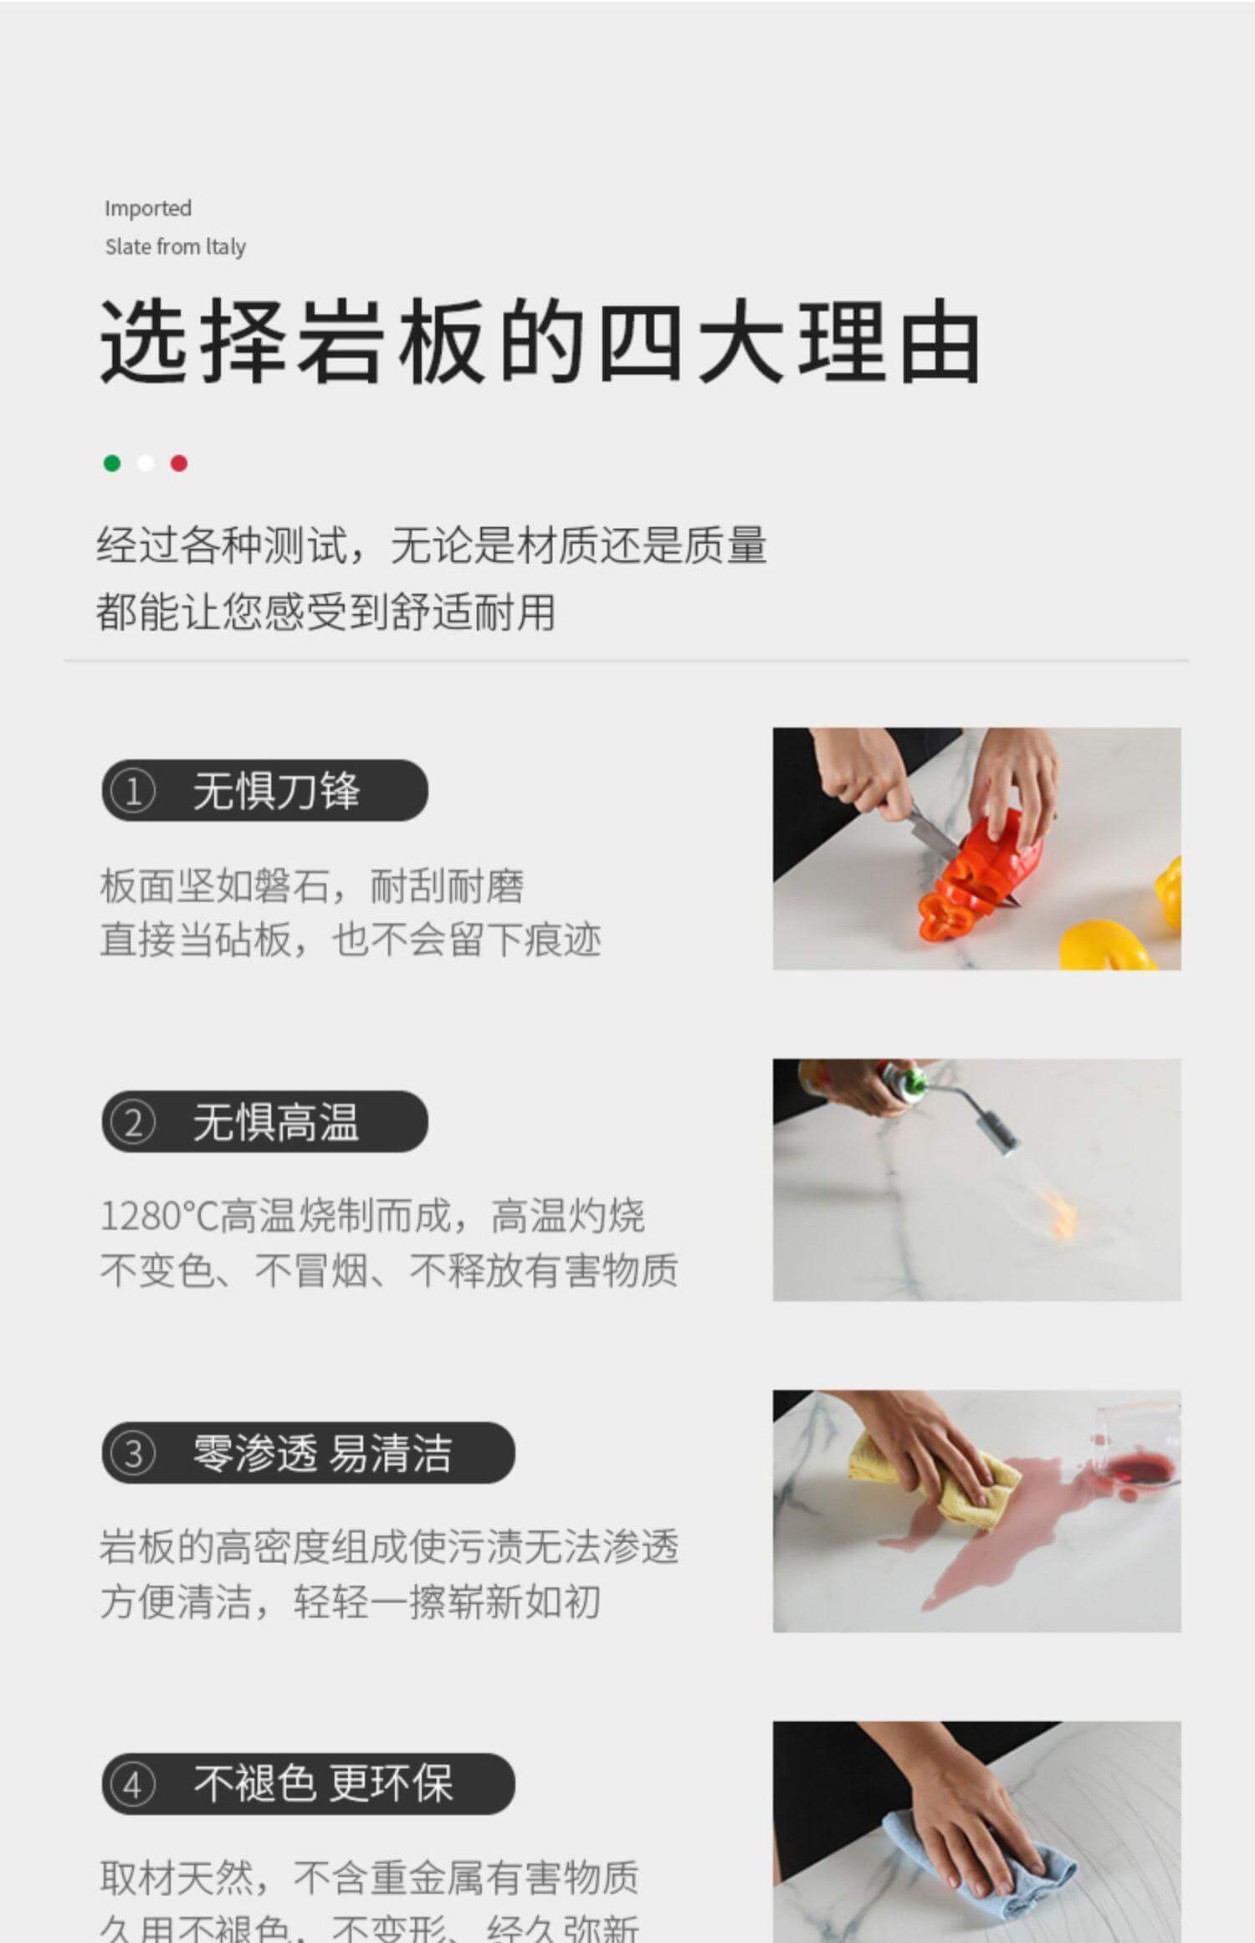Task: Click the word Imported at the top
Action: tap(148, 208)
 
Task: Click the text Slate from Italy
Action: tap(175, 247)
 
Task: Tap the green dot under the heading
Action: tap(112, 464)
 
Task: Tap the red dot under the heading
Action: tap(179, 464)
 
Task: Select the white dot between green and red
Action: tap(146, 464)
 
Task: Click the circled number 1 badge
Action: tap(133, 792)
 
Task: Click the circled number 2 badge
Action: tap(133, 1123)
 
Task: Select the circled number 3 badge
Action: tap(133, 1453)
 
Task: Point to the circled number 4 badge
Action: tap(133, 1785)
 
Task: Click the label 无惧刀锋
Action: tap(276, 792)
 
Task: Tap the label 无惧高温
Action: tap(276, 1123)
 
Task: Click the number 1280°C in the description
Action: tap(158, 1217)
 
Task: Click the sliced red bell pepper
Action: tap(979, 879)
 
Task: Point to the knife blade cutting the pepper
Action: tap(933, 833)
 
